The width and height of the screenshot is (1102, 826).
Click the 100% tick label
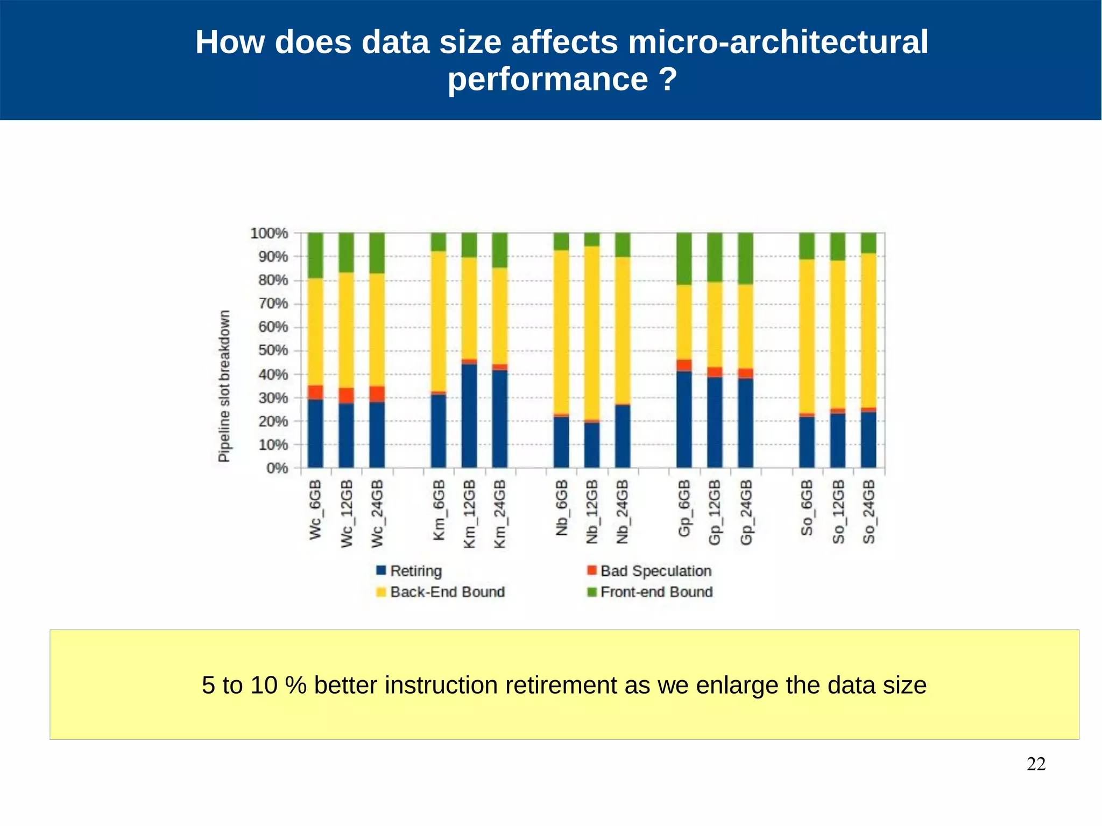[269, 233]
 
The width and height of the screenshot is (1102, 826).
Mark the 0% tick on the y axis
[277, 468]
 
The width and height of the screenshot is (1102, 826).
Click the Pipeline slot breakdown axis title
[224, 386]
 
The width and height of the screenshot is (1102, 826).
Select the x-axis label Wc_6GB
[315, 509]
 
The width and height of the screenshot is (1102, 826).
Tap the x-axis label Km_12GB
[469, 514]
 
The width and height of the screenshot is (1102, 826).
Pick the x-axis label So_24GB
[868, 512]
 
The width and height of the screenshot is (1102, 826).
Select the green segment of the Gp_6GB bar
[684, 258]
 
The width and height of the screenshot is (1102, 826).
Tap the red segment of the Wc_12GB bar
[346, 396]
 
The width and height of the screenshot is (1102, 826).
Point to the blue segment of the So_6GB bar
[807, 442]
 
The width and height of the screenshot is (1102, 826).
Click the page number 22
[1036, 764]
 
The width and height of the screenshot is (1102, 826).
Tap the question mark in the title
[667, 79]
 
